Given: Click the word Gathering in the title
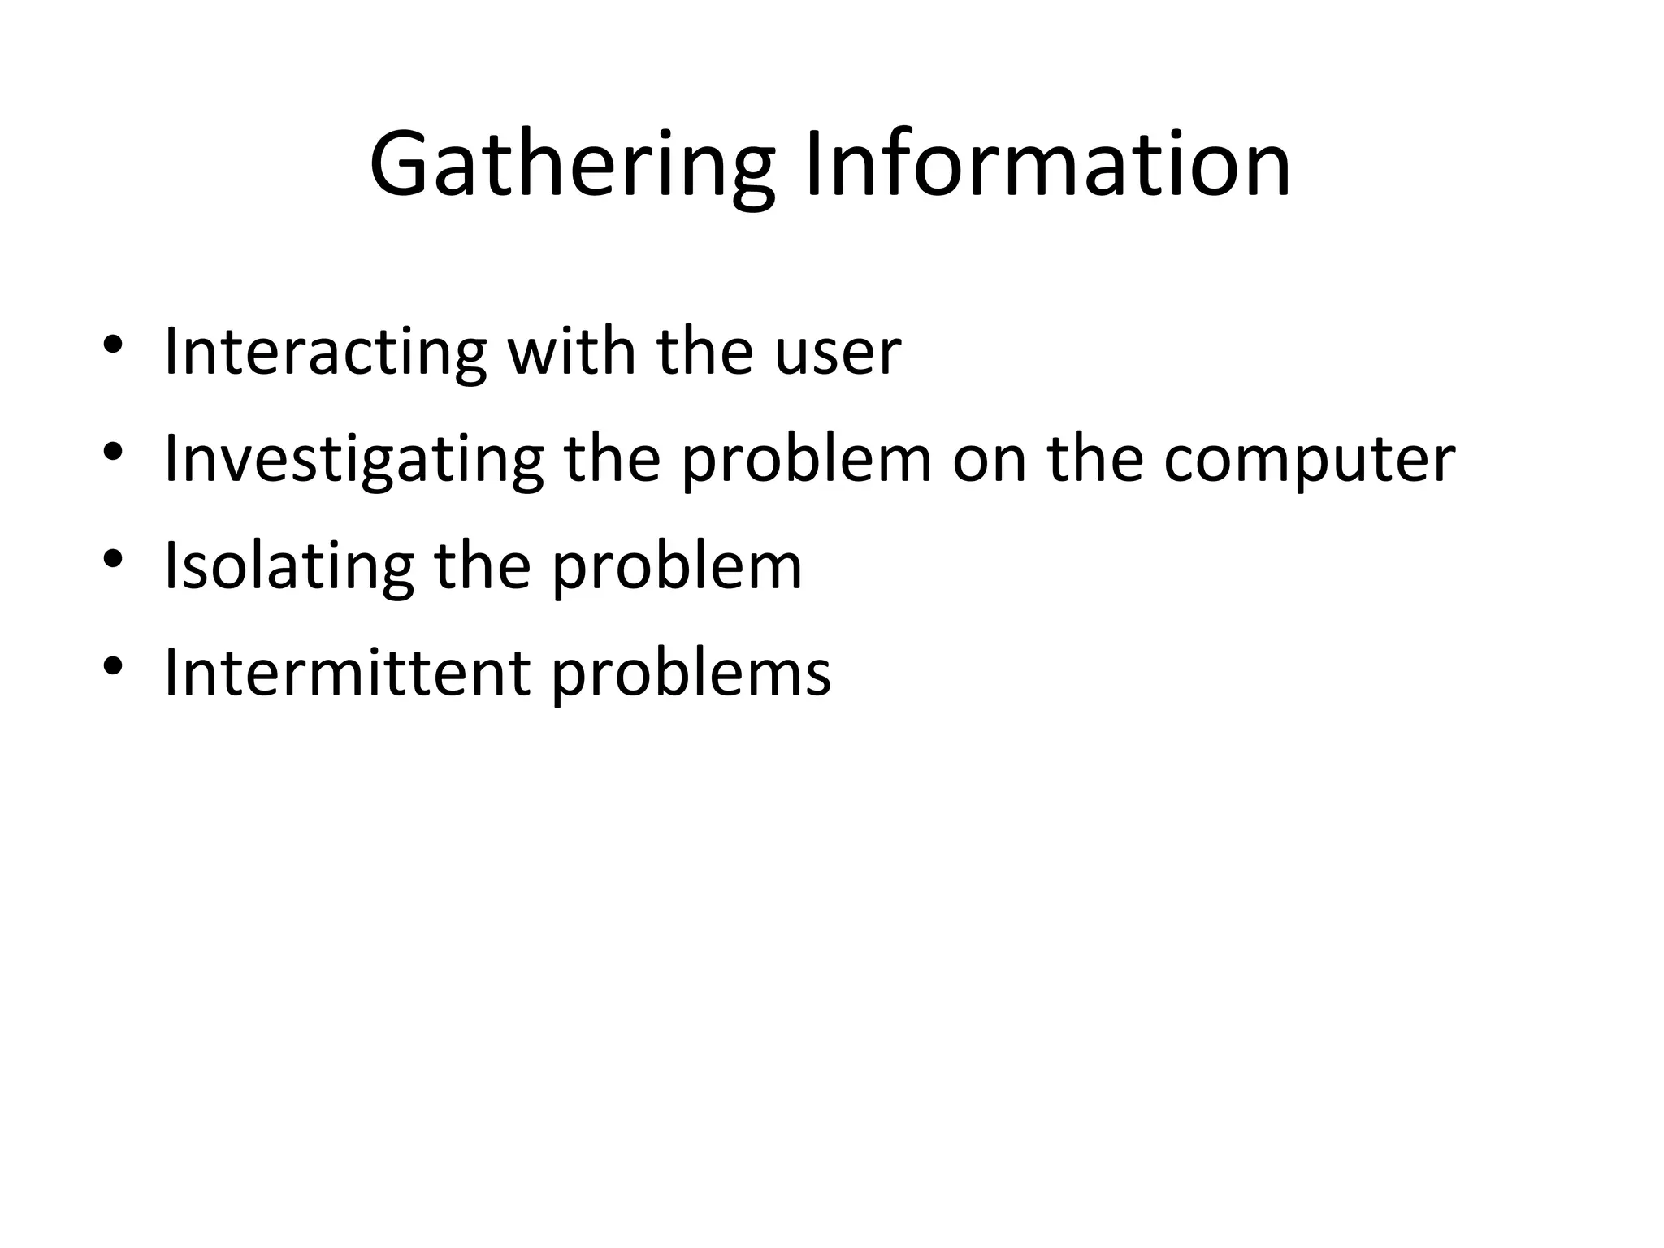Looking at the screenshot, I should (571, 167).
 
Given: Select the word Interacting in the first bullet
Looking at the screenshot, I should (325, 352).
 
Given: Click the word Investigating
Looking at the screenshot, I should (353, 460).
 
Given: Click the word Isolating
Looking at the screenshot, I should (288, 567).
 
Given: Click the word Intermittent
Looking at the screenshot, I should (347, 674).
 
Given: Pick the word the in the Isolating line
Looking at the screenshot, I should (483, 567).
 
